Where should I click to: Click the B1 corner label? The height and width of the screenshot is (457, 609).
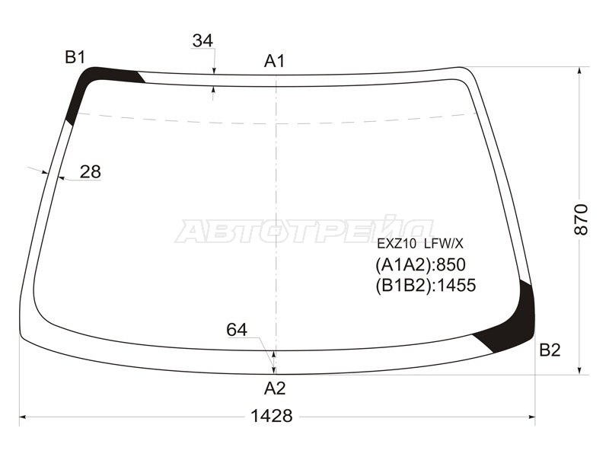75,58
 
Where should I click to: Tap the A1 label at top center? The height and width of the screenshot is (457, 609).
275,61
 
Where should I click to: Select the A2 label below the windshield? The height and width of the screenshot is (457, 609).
275,388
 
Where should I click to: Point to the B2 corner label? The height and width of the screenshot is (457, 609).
550,350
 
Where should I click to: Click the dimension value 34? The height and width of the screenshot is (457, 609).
202,41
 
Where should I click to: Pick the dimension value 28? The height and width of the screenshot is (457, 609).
90,172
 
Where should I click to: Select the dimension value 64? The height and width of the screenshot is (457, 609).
237,330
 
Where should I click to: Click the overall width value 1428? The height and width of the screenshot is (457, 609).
272,416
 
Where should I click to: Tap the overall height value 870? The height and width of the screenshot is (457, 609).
582,219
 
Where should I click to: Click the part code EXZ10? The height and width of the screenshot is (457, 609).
397,244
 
